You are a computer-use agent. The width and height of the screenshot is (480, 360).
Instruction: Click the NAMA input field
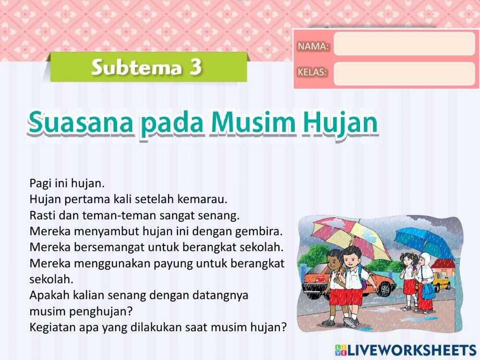[404, 44]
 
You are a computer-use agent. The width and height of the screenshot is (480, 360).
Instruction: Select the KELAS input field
[404, 73]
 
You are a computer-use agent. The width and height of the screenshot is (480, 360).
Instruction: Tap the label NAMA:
[313, 47]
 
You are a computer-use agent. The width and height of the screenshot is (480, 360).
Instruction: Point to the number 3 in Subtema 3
[195, 67]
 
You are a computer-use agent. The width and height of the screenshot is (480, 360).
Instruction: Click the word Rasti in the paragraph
[42, 215]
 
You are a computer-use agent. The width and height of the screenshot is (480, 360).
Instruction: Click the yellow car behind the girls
[441, 283]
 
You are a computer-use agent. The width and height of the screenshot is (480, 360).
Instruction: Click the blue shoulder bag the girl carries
[427, 289]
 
